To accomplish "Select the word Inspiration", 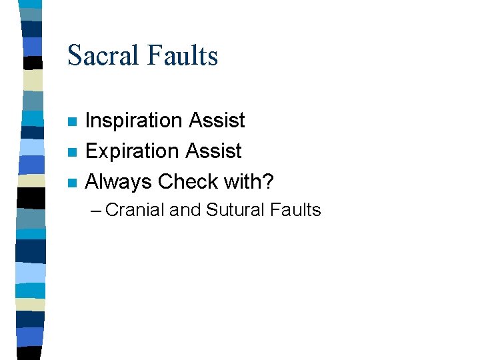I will tap(134, 121).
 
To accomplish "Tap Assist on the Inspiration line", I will tap(217, 121).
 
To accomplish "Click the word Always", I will tap(118, 181).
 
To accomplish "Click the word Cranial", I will tap(135, 211).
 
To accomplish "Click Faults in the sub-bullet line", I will tap(296, 211).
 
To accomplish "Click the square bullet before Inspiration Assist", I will tap(72, 122).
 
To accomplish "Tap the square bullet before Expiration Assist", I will tap(72, 153).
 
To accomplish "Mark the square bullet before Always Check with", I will tap(72, 183).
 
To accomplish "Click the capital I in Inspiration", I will tap(89, 121).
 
